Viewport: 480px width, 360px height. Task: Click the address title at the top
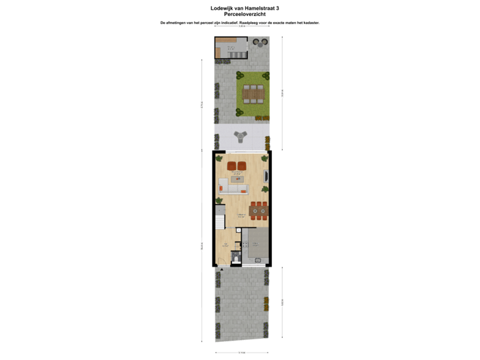point(240,9)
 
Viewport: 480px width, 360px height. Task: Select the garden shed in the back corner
point(230,48)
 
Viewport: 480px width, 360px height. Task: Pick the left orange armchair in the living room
point(231,165)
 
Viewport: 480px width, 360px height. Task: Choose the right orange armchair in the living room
point(242,165)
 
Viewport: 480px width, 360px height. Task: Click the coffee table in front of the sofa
point(237,177)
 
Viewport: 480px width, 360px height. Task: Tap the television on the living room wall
point(267,177)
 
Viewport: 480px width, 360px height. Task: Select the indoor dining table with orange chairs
point(259,211)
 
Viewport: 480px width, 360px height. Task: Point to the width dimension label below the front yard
point(241,353)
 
